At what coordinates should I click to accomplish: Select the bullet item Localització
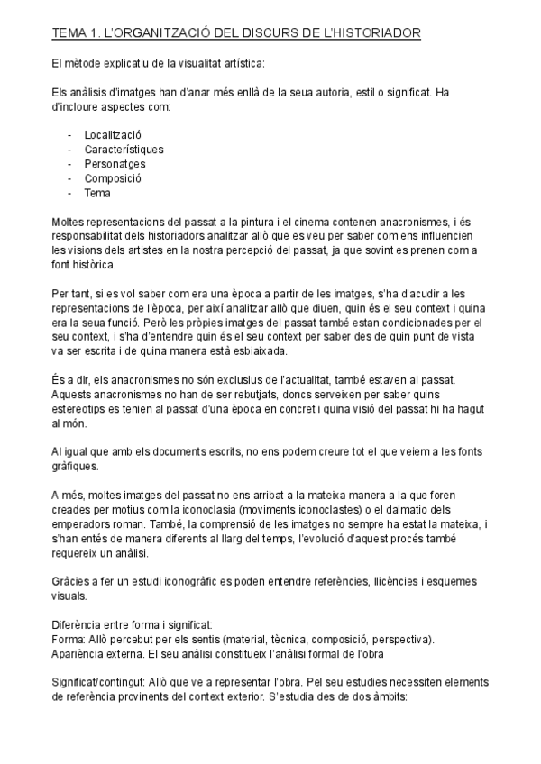(113, 135)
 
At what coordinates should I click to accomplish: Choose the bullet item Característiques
(124, 150)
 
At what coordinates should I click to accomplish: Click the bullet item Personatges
(115, 164)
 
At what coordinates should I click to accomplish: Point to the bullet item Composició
(113, 178)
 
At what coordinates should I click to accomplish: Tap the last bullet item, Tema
(97, 193)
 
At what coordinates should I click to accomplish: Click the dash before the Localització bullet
(69, 135)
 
